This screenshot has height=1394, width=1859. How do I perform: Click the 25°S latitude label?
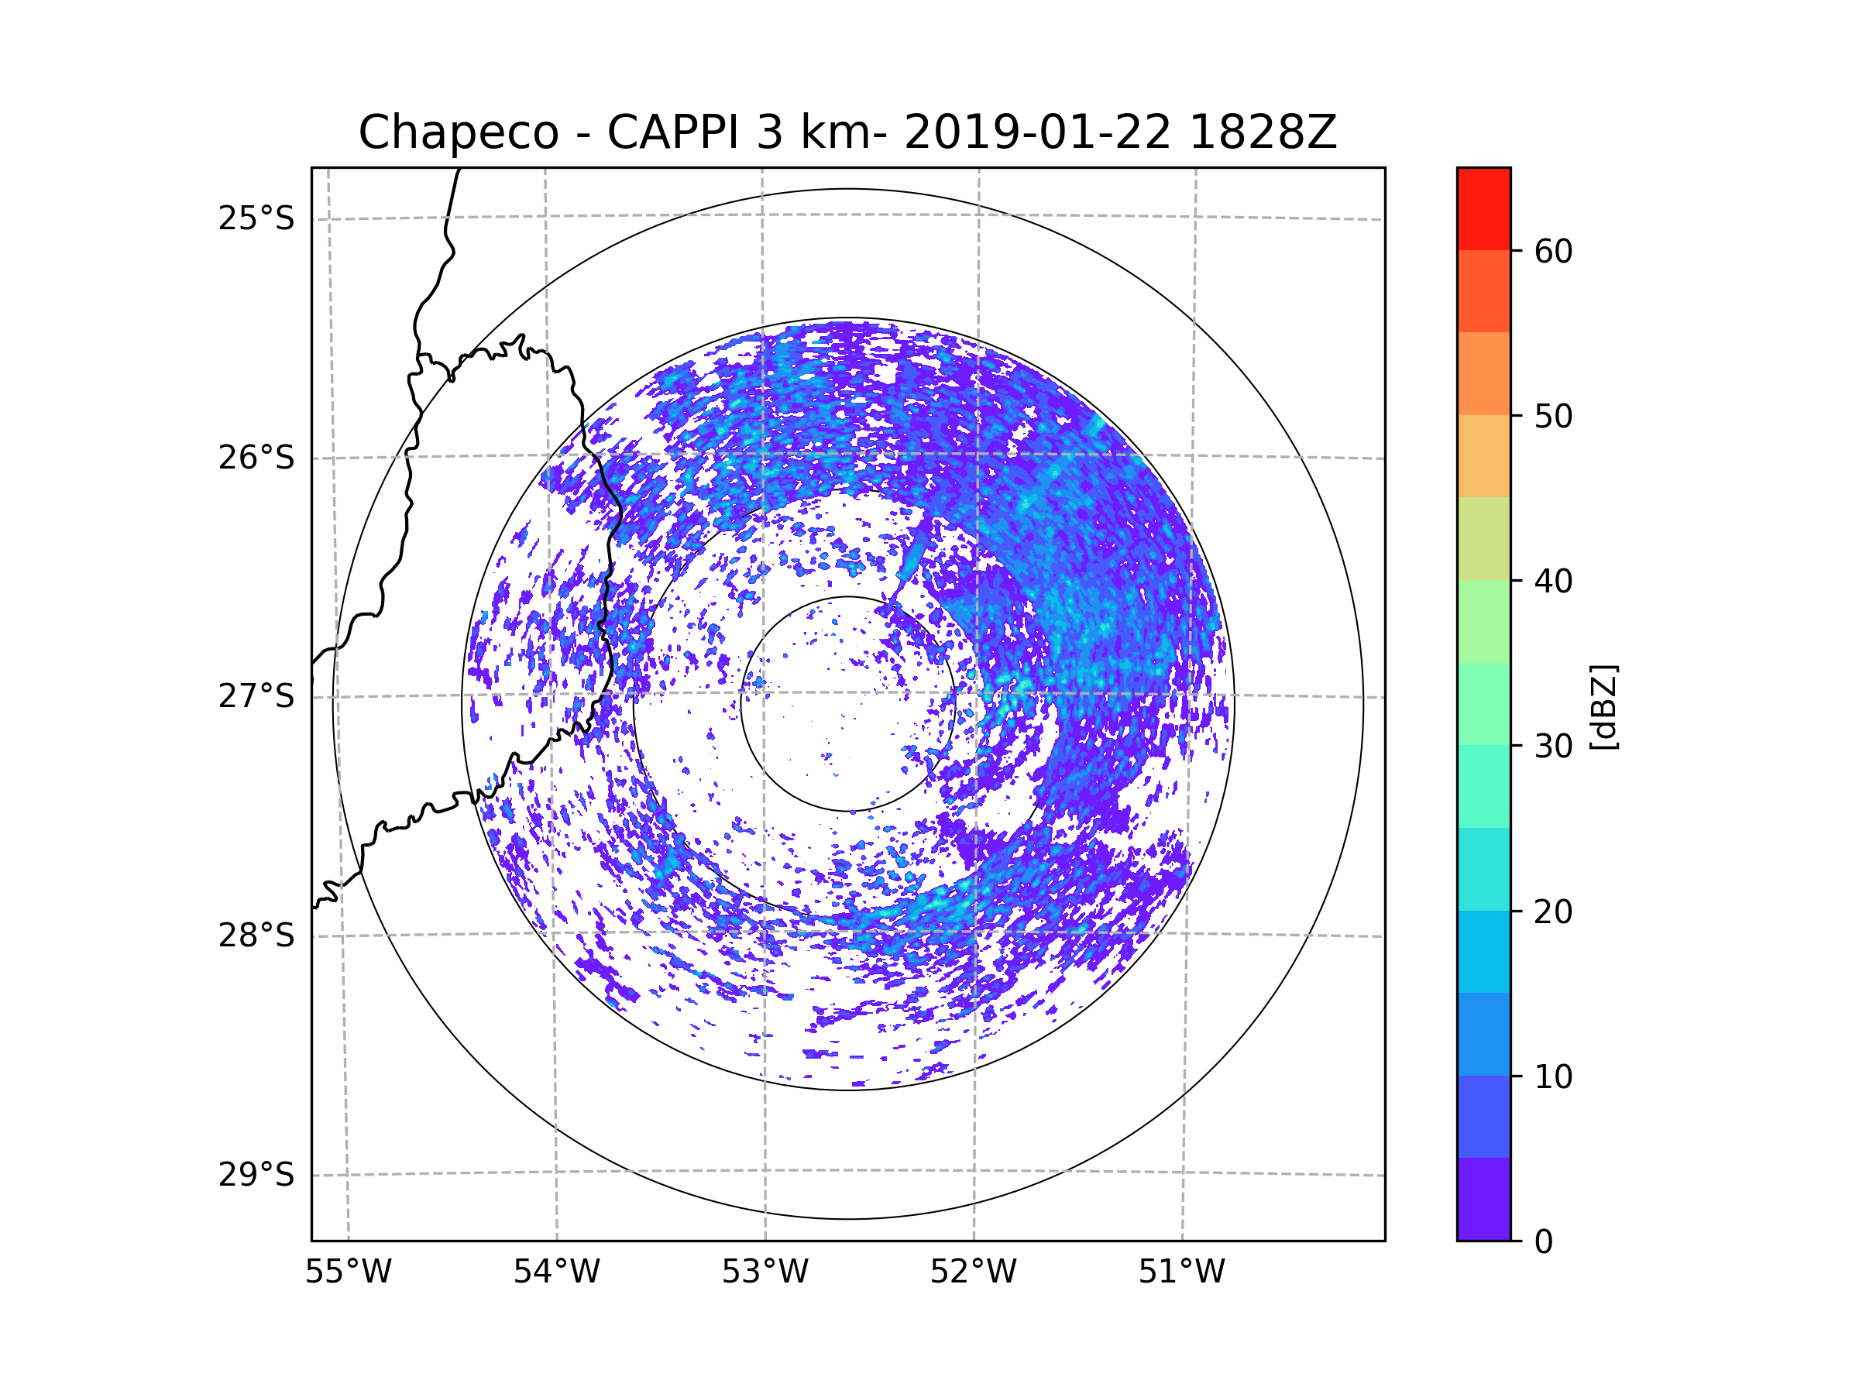point(256,218)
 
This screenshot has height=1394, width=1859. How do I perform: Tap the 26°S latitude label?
point(256,458)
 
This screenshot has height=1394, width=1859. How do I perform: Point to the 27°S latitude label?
point(256,696)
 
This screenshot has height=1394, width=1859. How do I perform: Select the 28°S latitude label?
point(256,936)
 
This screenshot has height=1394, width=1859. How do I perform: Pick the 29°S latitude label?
point(256,1175)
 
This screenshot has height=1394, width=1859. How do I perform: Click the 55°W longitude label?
point(348,1272)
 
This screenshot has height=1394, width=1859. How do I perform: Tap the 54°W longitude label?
point(556,1272)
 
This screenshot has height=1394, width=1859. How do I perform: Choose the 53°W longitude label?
point(765,1272)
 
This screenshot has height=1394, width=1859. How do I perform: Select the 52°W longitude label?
point(973,1272)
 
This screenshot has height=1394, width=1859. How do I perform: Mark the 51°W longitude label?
point(1181,1272)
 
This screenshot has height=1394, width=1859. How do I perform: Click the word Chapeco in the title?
point(458,132)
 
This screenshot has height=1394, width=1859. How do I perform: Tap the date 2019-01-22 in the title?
point(1037,132)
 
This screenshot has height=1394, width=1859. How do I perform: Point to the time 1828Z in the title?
point(1263,132)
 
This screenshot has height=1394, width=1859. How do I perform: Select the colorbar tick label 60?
point(1553,251)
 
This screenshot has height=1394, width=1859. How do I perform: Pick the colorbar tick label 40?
point(1553,582)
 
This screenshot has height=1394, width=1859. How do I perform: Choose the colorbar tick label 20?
point(1553,912)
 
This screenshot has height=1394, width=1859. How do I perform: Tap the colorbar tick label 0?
point(1544,1242)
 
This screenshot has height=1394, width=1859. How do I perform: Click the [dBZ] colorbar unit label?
point(1603,706)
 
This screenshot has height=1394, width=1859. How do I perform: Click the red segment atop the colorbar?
point(1483,208)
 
